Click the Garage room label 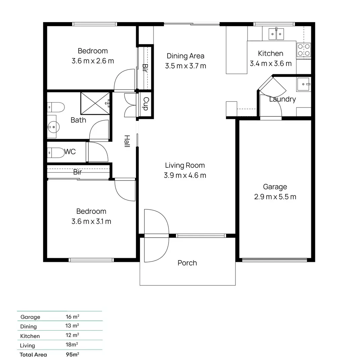point(275,187)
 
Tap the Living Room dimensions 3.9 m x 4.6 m point(185,175)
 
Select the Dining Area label point(185,56)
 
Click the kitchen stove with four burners point(304,50)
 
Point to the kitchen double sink point(276,34)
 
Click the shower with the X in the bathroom point(95,103)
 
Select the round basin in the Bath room point(53,126)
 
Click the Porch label point(187,263)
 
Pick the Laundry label point(282,99)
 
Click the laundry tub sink point(304,84)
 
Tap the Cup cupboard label point(146,104)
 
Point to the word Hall point(127,141)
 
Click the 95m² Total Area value point(73,354)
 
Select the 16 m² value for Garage point(72,317)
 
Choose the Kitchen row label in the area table point(30,336)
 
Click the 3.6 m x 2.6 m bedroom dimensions point(93,61)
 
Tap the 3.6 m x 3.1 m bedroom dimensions point(91,221)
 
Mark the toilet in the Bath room point(56,108)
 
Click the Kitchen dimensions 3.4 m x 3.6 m point(271,64)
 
